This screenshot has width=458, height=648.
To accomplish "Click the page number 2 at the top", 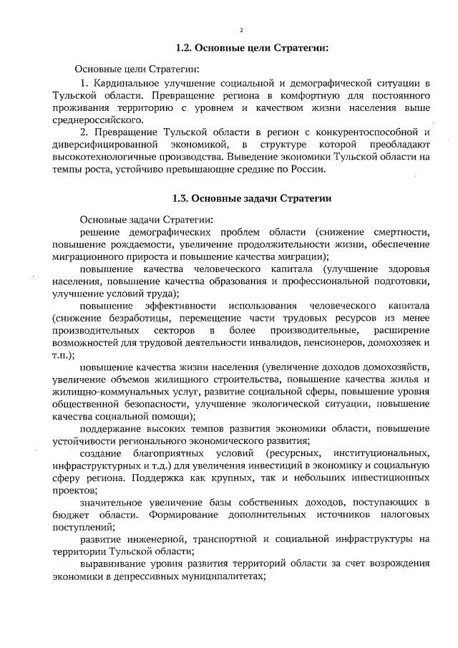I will [241, 31].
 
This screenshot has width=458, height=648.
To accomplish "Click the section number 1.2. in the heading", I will [186, 49].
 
